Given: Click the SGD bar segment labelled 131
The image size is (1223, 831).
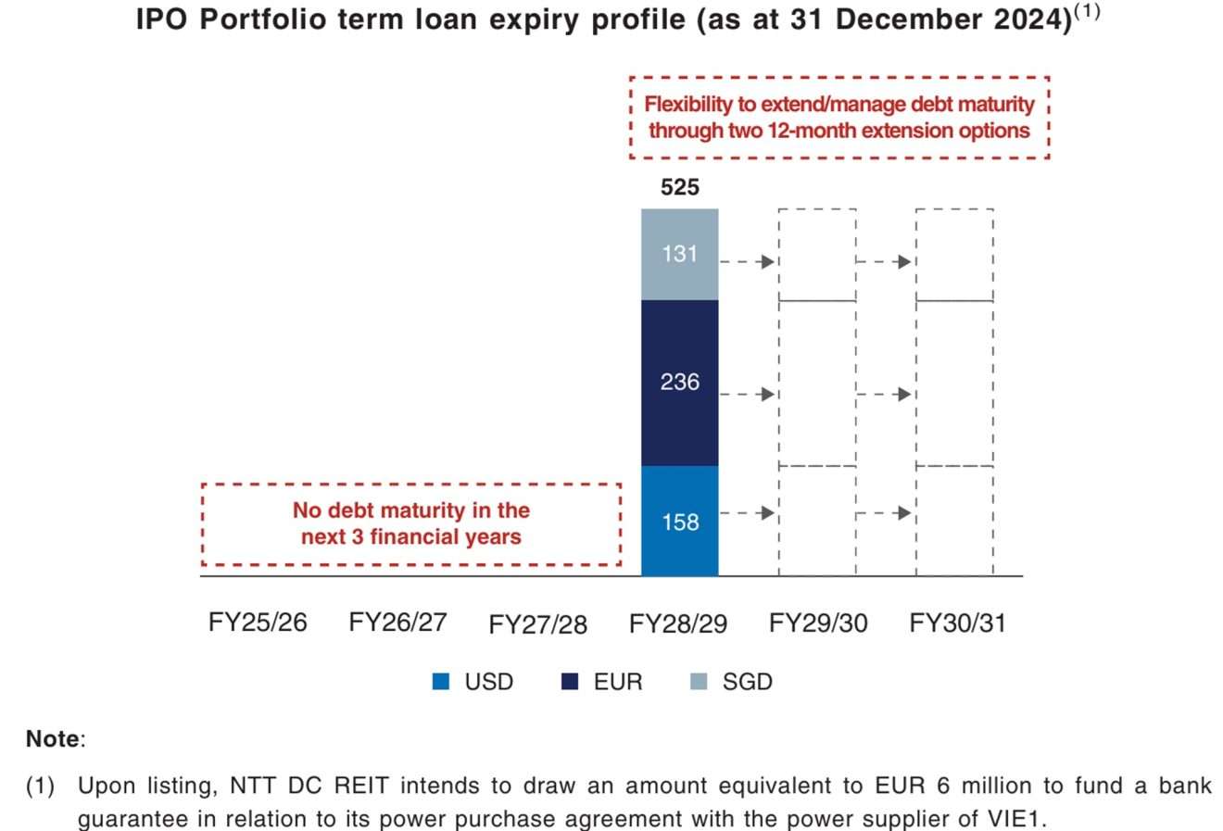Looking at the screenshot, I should (679, 254).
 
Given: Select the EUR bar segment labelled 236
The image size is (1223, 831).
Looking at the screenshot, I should (679, 382).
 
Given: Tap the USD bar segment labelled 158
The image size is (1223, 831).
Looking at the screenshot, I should (679, 522).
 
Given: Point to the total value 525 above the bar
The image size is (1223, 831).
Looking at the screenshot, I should (679, 187).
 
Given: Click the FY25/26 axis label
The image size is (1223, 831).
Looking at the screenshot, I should (258, 623).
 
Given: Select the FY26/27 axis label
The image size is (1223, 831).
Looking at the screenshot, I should (397, 623).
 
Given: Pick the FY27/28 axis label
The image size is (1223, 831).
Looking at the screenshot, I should (537, 624).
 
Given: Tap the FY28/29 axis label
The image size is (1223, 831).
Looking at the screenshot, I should (677, 623).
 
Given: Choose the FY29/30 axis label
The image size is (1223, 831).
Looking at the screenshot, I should (818, 623).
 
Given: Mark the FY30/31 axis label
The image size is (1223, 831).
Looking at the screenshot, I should (957, 623).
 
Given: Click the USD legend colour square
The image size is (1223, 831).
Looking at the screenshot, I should (441, 683).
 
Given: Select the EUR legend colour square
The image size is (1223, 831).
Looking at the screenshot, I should (571, 683).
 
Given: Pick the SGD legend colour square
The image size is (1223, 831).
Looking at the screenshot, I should (700, 683).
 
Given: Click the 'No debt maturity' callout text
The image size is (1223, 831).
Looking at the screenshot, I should (411, 523).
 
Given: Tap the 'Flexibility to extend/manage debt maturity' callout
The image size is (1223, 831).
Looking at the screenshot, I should (838, 118).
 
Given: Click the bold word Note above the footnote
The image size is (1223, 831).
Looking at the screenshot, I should (53, 739).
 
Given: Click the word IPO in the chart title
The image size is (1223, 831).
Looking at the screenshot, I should (163, 20).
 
